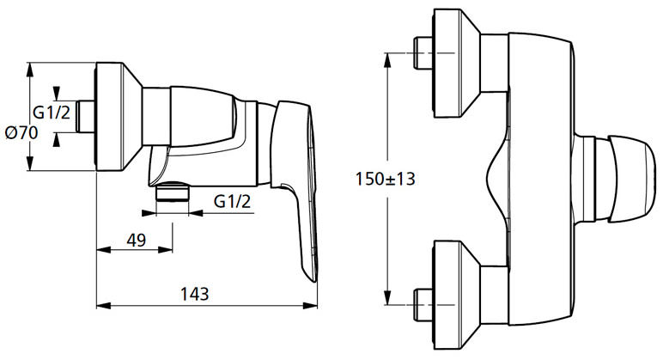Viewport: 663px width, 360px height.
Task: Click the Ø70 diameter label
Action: (21, 133)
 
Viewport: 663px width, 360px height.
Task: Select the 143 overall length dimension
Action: (195, 294)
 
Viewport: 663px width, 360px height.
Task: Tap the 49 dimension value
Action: (137, 241)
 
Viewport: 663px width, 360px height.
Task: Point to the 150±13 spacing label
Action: (386, 179)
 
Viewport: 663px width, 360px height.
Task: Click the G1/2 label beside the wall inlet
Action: (52, 113)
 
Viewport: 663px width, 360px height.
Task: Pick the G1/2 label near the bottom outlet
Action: (232, 201)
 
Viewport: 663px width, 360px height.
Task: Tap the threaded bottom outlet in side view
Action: (173, 192)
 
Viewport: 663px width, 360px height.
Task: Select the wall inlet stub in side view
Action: (85, 116)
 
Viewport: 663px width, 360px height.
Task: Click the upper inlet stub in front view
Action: (423, 53)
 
